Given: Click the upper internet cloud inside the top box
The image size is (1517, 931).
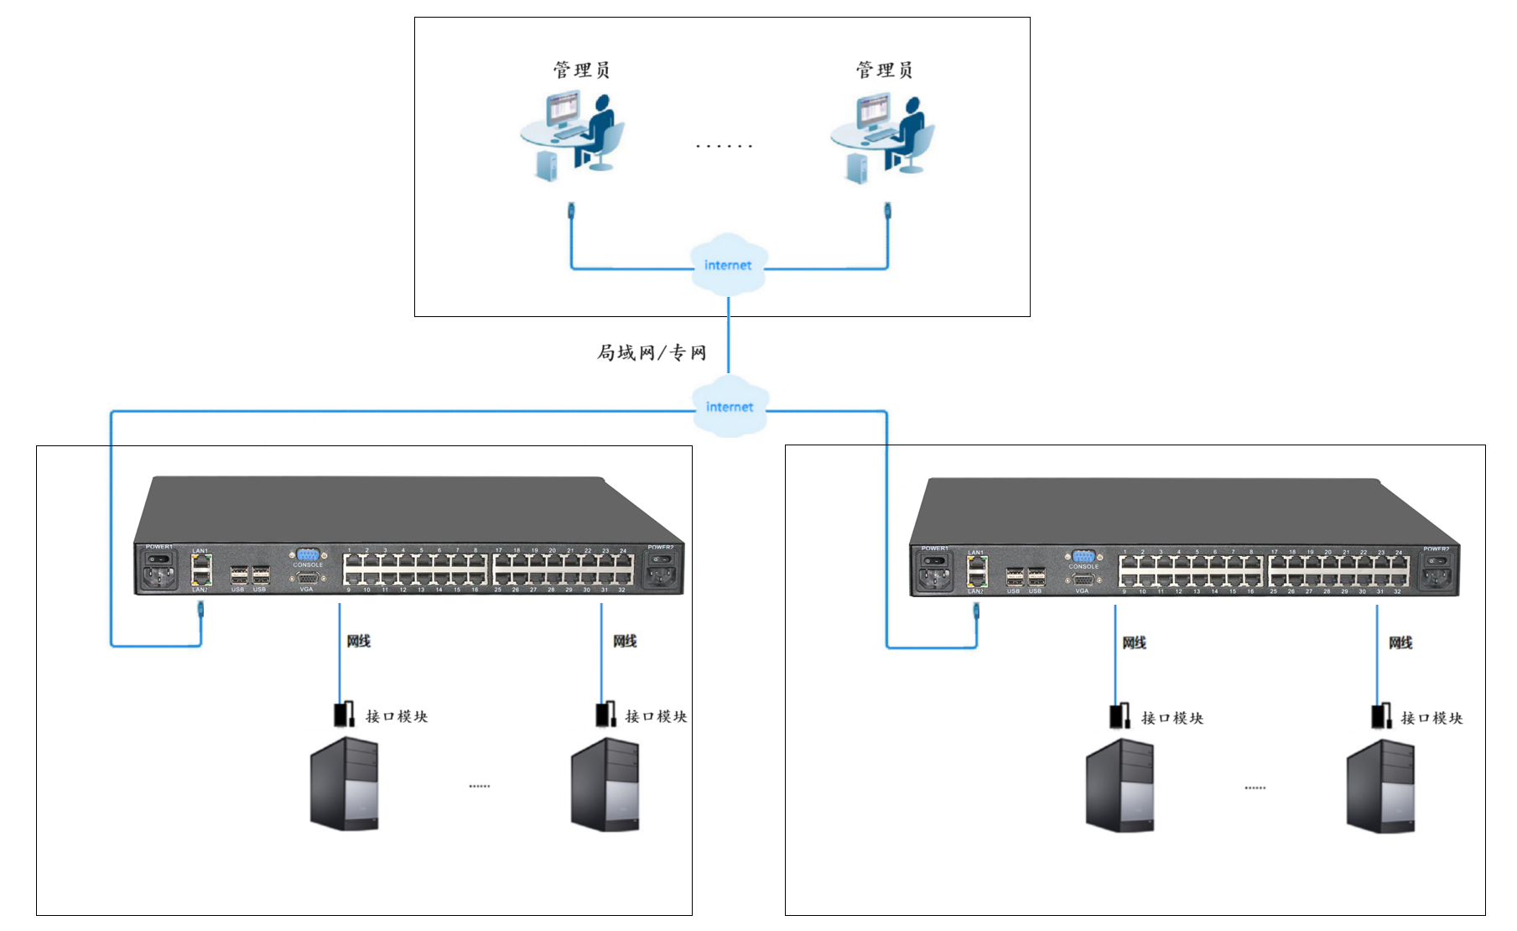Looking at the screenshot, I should point(728,265).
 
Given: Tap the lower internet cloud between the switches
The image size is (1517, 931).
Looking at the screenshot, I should point(730,407).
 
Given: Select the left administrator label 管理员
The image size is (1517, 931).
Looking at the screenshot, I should point(581,70).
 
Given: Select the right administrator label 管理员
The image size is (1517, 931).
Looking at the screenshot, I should point(884,70).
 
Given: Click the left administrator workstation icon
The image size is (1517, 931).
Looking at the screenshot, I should point(574,137).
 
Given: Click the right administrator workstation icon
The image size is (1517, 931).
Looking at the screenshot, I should point(883,137).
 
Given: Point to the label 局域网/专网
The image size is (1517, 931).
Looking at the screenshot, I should point(652,352).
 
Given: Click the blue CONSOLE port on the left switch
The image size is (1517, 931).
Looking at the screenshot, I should point(308,554).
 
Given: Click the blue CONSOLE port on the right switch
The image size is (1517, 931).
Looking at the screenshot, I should point(1083,556).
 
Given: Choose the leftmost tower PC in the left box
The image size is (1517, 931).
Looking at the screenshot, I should point(344,784).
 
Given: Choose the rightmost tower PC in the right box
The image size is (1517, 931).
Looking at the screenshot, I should point(1380,786).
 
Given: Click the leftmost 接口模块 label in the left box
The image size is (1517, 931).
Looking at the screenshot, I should point(397,716).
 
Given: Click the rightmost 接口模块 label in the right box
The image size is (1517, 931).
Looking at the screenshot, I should point(1431,718).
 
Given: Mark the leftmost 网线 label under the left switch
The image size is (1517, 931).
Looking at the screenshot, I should point(359,641).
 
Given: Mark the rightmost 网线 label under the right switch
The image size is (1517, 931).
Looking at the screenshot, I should point(1400,642).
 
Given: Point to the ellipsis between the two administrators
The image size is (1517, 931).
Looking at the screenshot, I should point(725,146).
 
